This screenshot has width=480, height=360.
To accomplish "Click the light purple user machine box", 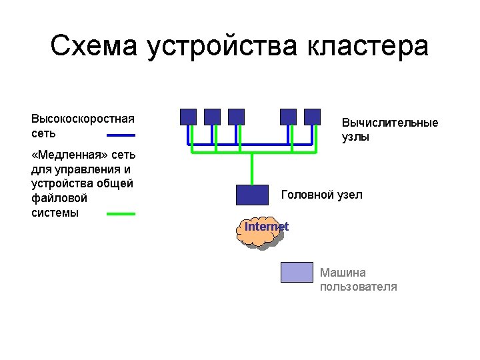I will [296, 272].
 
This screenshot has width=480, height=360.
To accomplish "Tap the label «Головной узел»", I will [321, 195].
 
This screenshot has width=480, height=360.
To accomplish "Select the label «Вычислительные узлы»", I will [390, 130].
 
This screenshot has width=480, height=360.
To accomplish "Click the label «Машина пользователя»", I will [358, 279].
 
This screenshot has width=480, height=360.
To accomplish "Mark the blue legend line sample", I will [121, 134].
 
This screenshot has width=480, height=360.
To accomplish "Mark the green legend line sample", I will [121, 214].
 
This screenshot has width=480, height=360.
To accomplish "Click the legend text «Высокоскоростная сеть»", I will [82, 126].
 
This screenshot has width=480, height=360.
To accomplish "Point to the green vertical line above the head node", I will [252, 169].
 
